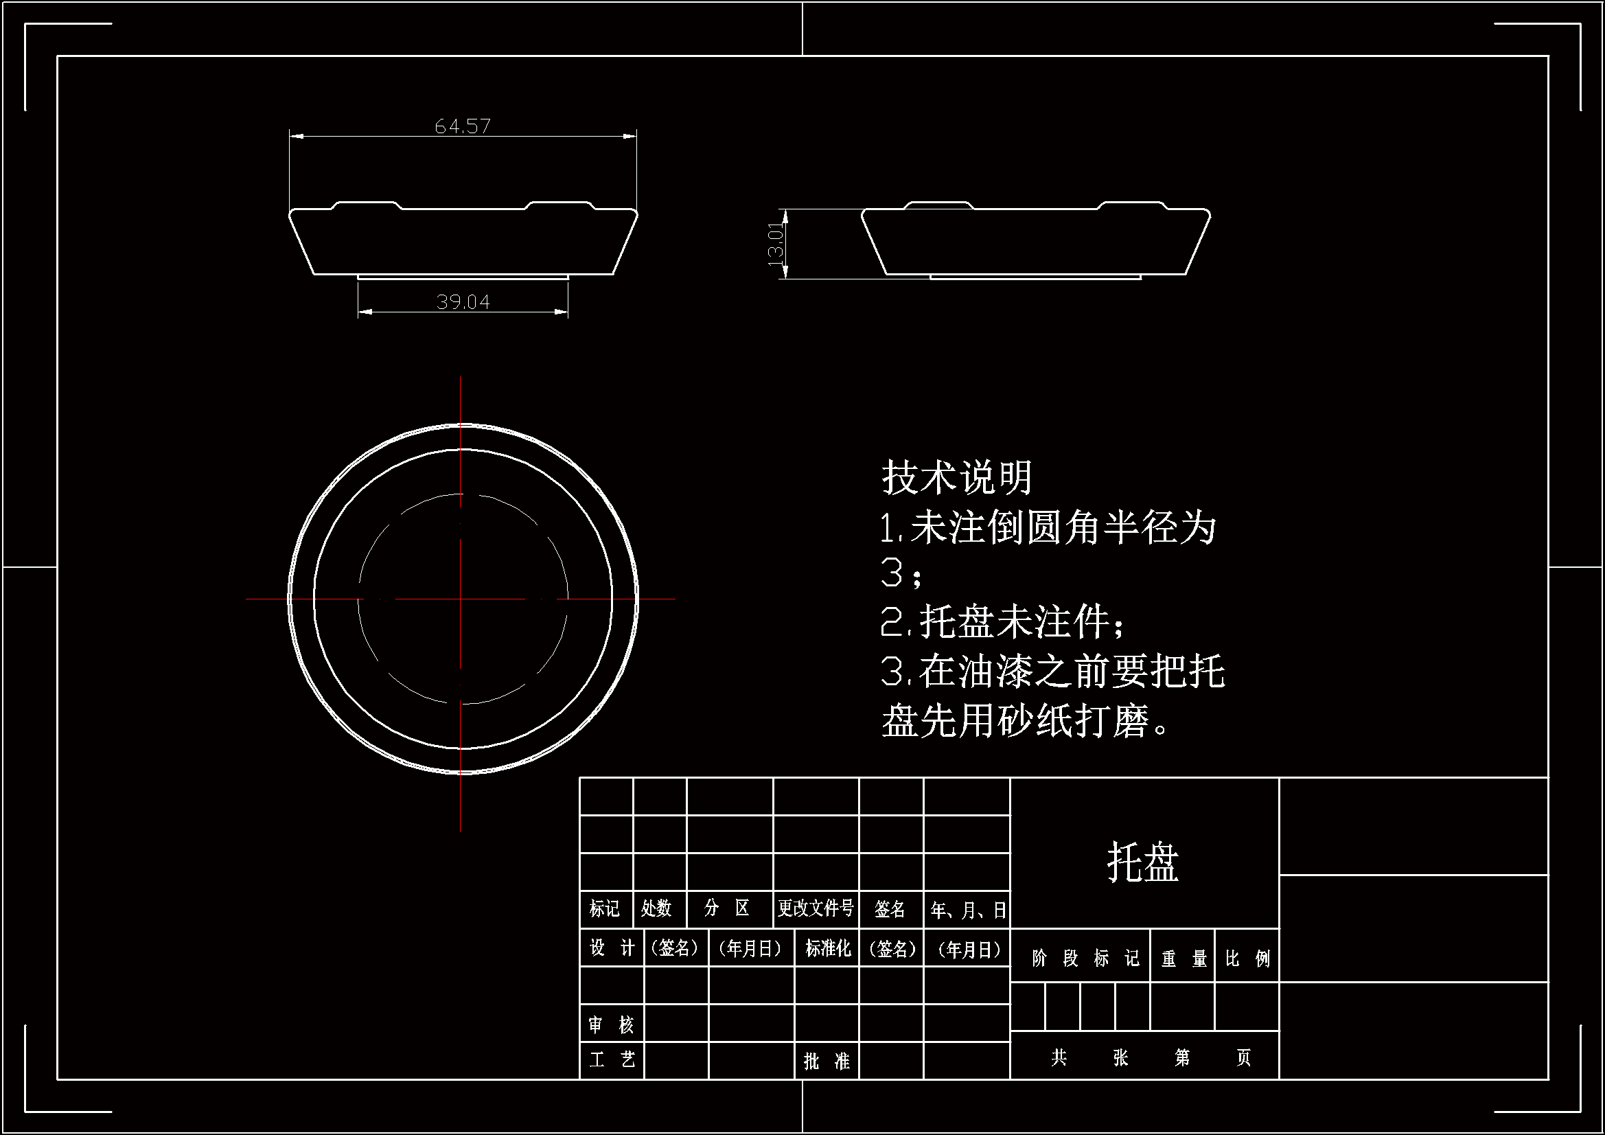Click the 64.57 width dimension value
point(462,126)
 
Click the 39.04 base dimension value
point(463,301)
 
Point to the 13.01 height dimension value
point(775,244)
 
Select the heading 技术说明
point(957,478)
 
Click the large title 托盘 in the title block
point(1143,862)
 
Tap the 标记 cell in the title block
point(605,908)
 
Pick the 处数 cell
point(656,908)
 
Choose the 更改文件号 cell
point(816,908)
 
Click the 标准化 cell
point(828,948)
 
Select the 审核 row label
point(611,1025)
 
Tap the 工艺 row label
point(612,1060)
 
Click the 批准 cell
point(827,1062)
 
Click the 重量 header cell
point(1183,958)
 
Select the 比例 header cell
point(1247,958)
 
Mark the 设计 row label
point(612,948)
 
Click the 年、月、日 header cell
point(968,910)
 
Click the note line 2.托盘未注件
point(1002,621)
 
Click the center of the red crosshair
point(460,599)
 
